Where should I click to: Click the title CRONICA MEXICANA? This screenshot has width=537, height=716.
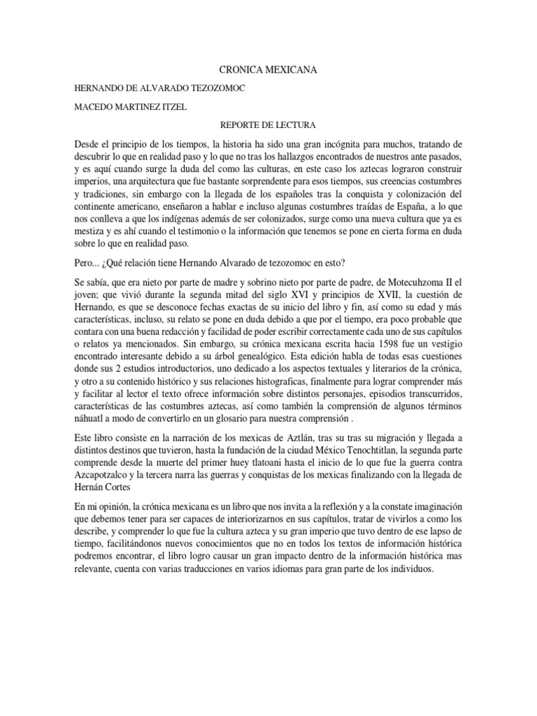pyautogui.click(x=268, y=71)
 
